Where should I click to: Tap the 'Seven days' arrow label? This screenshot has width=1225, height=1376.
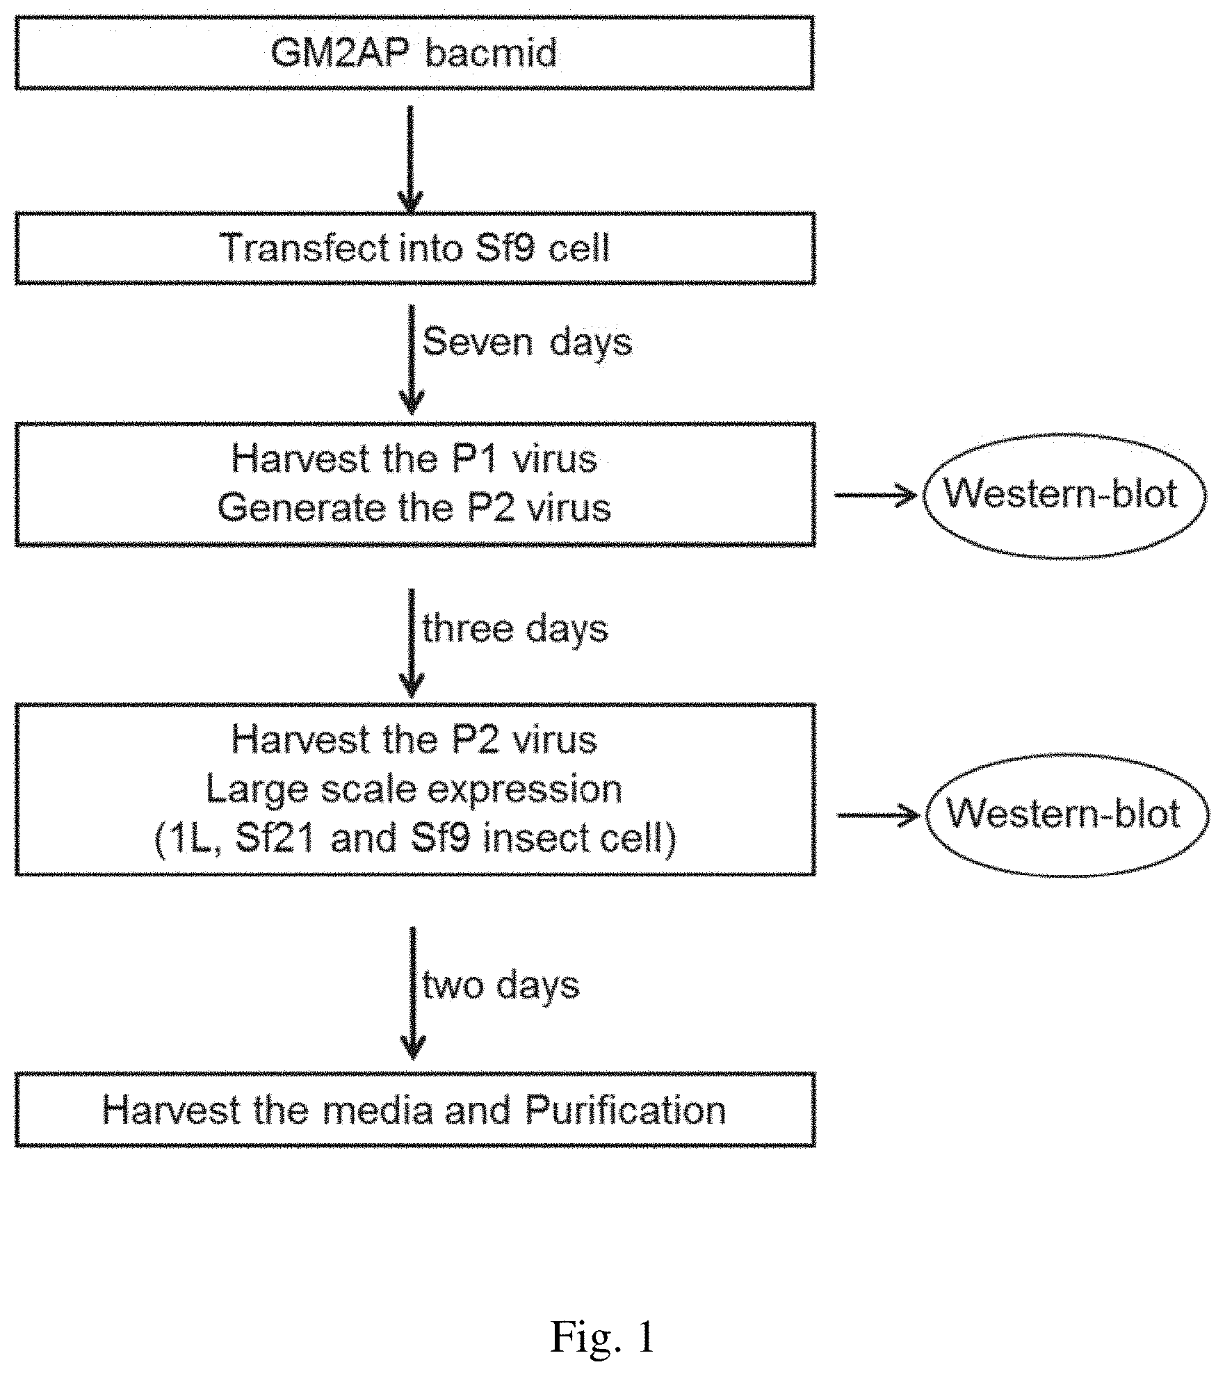tap(528, 343)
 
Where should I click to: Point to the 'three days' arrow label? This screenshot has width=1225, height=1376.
tap(516, 629)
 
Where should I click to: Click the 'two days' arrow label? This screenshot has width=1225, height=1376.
tap(501, 985)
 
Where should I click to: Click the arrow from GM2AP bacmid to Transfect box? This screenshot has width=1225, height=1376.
tap(410, 160)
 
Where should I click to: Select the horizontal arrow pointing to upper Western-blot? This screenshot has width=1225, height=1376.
tap(879, 495)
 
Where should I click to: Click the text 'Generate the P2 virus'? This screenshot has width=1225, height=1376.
tap(414, 508)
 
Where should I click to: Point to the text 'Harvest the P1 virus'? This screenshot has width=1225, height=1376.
tap(414, 459)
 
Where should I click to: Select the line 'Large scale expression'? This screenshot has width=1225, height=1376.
tap(414, 789)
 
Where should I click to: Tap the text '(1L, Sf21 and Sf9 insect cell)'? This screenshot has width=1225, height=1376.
tap(415, 839)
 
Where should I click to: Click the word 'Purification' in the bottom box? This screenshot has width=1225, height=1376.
tap(626, 1110)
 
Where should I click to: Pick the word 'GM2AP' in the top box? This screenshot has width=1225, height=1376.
tap(341, 53)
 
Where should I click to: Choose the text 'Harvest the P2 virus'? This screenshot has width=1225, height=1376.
tap(414, 739)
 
